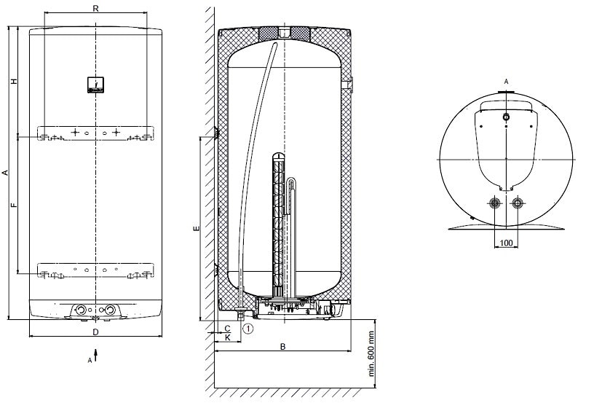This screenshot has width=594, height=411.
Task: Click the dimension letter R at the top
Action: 96,8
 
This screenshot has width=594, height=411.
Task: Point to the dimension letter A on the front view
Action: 5,173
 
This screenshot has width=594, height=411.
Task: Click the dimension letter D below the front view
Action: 96,332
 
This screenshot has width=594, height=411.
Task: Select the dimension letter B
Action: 282,347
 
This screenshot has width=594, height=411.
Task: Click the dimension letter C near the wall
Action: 228,328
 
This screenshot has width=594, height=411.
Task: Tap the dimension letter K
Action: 228,337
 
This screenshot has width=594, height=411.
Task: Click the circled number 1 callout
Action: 249,329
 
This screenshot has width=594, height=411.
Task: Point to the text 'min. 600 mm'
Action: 371,355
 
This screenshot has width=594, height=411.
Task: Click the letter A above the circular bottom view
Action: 506,82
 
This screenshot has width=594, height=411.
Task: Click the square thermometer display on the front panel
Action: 95,85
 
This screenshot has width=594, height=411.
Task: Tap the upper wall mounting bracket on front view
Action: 95,134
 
